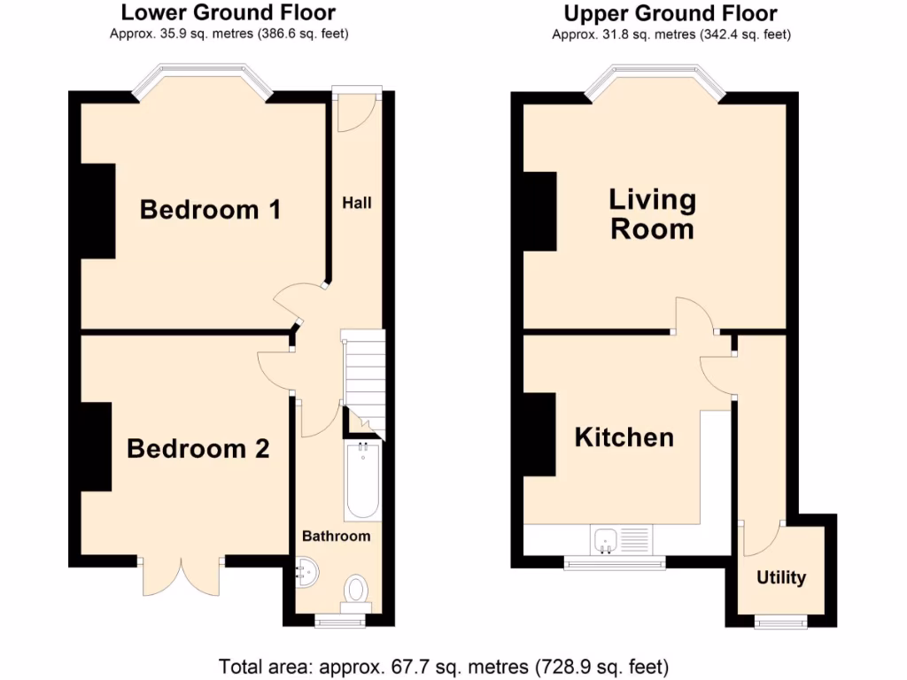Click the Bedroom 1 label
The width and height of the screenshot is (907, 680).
[x=211, y=210]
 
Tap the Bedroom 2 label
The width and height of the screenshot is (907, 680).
[x=198, y=448]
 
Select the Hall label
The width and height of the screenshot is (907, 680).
[x=357, y=203]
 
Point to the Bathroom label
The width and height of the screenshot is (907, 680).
[x=336, y=536]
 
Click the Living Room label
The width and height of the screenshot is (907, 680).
[x=652, y=214]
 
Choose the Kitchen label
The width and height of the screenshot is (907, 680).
[x=624, y=437]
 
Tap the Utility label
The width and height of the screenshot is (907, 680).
[x=781, y=577]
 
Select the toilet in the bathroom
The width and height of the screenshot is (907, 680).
[x=356, y=590]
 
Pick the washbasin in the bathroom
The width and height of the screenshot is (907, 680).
[x=306, y=574]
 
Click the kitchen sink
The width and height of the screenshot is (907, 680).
[x=607, y=538]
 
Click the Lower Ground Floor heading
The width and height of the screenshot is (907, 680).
[x=228, y=12]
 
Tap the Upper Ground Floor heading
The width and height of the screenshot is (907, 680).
[x=671, y=12]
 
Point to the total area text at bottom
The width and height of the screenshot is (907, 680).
[x=443, y=665]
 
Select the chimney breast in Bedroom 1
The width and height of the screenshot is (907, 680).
[x=97, y=211]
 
